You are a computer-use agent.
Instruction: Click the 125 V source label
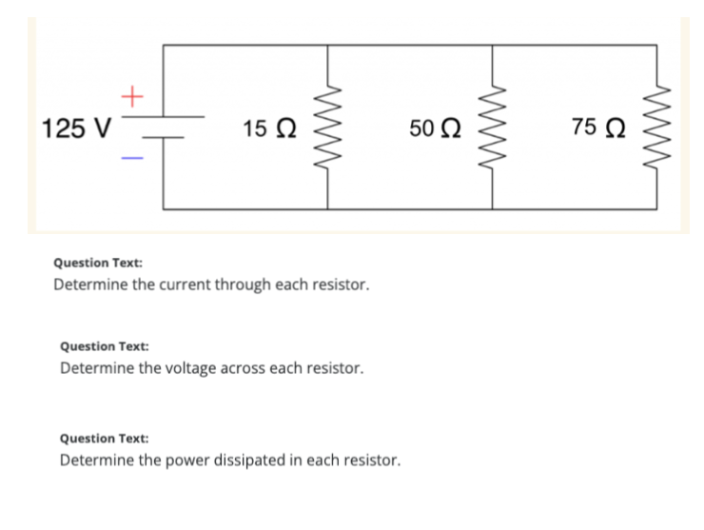77,128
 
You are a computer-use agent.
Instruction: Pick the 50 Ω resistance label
436,127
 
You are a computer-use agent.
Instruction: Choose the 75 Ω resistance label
599,126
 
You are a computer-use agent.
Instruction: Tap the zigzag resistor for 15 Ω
329,128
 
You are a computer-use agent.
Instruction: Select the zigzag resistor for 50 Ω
493,128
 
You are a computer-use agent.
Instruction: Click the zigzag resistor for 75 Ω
656,128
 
